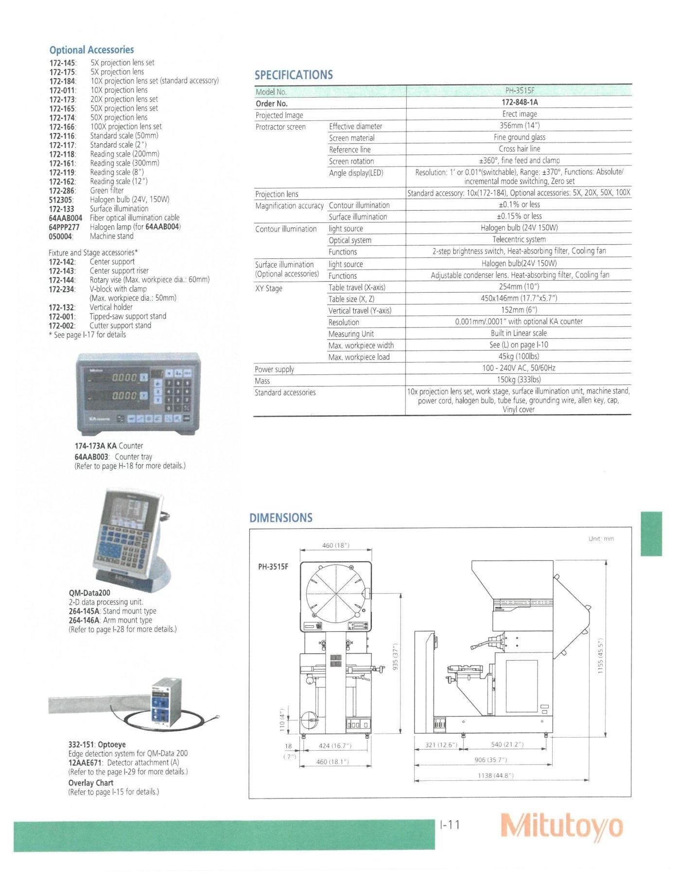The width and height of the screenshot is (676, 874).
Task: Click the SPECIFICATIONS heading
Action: [294, 75]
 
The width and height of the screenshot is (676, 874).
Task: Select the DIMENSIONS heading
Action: [281, 518]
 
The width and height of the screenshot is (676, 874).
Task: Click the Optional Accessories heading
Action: [91, 50]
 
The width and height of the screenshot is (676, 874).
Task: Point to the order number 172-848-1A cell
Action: [519, 102]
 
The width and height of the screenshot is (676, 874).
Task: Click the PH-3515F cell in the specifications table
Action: [519, 91]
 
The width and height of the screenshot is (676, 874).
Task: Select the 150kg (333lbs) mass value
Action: [519, 380]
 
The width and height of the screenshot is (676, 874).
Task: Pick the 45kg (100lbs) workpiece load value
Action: [519, 357]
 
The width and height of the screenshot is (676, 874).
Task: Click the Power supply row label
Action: [275, 369]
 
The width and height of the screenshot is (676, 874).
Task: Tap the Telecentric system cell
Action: [519, 239]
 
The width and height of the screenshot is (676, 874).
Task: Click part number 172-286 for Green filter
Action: [62, 190]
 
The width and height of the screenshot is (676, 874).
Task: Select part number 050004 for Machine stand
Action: [61, 236]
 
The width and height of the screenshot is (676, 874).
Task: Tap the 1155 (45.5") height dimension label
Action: [601, 655]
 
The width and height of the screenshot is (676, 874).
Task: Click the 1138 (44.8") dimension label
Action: [495, 775]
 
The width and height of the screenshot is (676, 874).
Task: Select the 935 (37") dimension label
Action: [396, 655]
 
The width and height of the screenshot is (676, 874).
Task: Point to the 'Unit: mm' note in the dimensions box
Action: [601, 538]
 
